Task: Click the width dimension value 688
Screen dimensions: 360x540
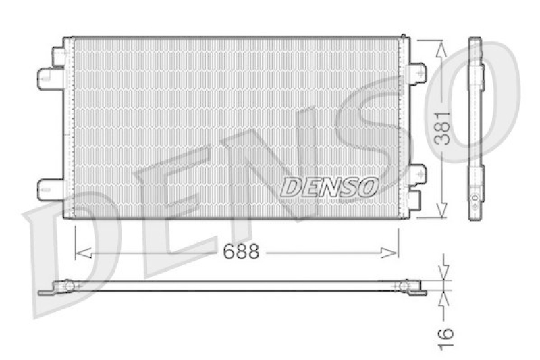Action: [240, 252]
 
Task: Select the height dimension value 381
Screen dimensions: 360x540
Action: [442, 128]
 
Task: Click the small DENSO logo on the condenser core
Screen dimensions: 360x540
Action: [329, 186]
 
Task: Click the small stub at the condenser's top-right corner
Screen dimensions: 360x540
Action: [404, 36]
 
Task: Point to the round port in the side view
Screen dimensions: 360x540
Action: [475, 199]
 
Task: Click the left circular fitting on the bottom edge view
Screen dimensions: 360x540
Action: [68, 287]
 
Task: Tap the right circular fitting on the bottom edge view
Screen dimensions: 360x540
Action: [404, 287]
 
